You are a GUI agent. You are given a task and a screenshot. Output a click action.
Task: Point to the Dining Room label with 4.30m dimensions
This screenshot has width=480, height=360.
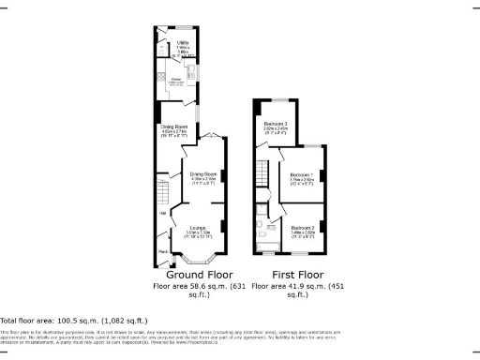204,174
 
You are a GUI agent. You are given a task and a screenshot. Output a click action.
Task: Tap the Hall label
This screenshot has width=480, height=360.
162,214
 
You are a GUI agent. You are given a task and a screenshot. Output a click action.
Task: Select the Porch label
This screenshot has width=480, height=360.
163,252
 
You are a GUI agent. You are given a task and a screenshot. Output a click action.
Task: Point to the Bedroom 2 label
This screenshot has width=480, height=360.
301,228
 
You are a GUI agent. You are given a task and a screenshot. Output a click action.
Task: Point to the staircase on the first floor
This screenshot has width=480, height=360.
263,173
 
